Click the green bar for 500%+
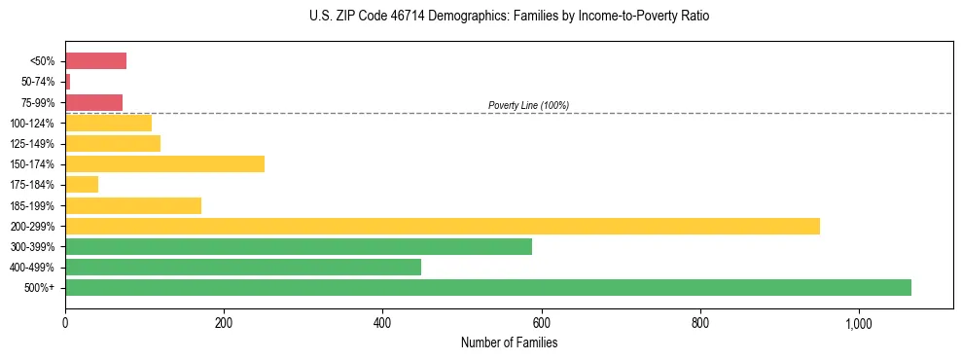(x=487, y=287)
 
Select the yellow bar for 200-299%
(x=442, y=226)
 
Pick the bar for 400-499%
(x=242, y=267)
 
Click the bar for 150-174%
(x=164, y=163)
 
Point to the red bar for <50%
(x=95, y=61)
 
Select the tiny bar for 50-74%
(x=67, y=82)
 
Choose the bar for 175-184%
(x=82, y=184)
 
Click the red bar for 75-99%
(x=93, y=102)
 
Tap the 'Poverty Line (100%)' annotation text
(x=528, y=105)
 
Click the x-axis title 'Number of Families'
(x=509, y=342)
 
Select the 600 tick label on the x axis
(x=541, y=323)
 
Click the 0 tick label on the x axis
(x=65, y=323)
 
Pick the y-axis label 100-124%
(x=32, y=124)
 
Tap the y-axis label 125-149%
(x=32, y=144)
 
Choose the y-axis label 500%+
(x=40, y=288)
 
